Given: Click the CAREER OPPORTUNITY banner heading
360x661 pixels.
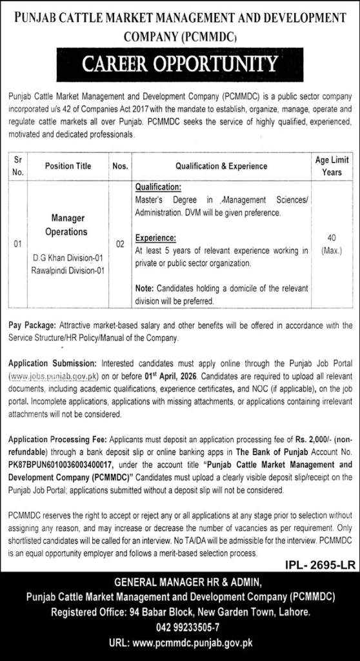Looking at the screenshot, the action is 180,65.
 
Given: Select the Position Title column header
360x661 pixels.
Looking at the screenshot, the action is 68,166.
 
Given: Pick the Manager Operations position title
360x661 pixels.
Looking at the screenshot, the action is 68,225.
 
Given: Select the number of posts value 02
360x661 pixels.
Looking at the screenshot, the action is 119,245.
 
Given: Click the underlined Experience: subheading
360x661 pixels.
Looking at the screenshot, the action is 155,237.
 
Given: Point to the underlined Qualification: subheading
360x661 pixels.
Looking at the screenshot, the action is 158,188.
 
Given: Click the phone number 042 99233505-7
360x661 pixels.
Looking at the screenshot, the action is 180,627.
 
